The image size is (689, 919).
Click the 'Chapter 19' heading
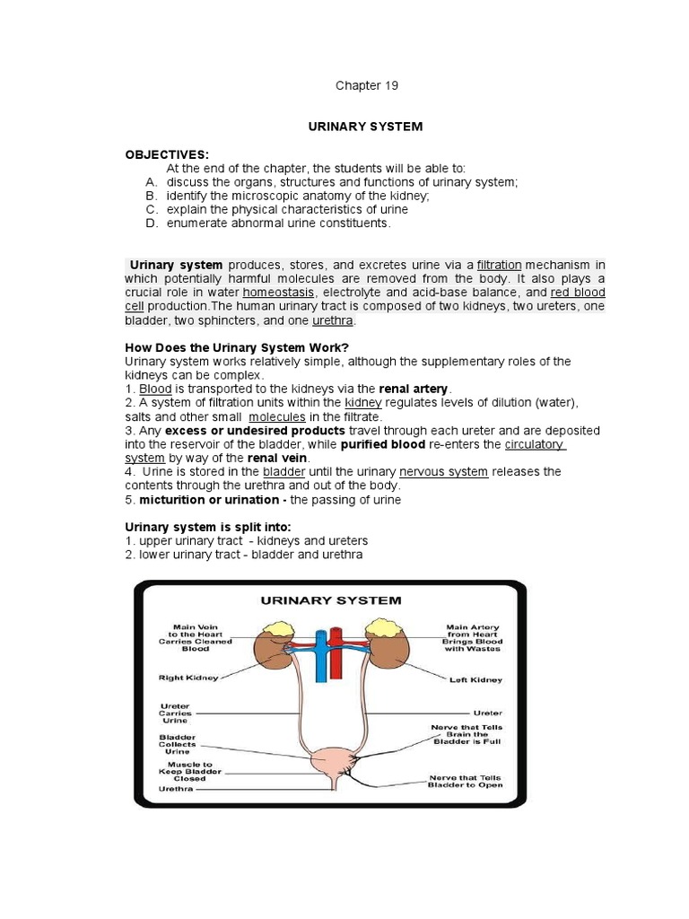point(366,86)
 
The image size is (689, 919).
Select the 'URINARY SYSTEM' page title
point(365,127)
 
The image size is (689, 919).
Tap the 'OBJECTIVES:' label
point(167,155)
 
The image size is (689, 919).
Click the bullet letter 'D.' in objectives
point(152,223)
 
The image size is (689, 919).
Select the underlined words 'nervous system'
point(443,471)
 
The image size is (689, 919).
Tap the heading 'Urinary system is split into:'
point(208,527)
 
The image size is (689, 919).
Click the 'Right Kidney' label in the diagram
point(188,678)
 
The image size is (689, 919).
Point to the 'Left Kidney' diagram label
point(475,680)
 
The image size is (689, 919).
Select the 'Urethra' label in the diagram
point(176,790)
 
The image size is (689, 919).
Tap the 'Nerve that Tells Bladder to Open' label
point(467,780)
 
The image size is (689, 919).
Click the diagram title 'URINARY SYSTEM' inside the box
point(330,600)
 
